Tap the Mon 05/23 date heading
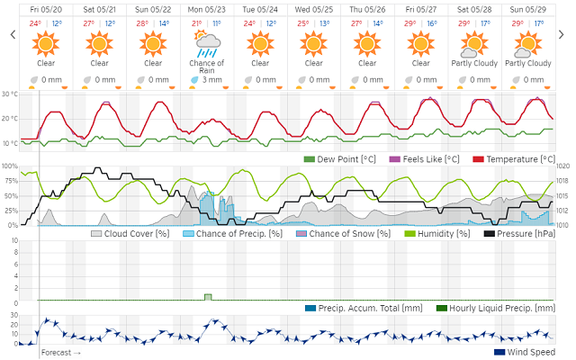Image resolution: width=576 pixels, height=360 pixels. pyautogui.click(x=207, y=10)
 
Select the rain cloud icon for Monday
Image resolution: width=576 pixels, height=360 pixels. pyautogui.click(x=207, y=41)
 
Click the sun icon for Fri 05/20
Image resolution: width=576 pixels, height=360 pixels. pyautogui.click(x=47, y=42)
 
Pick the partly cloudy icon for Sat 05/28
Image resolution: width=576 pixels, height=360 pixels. pyautogui.click(x=474, y=42)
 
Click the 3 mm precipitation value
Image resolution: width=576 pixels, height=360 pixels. pyautogui.click(x=212, y=80)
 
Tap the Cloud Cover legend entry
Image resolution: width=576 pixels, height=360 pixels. pyautogui.click(x=130, y=233)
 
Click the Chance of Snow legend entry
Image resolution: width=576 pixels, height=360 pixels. pyautogui.click(x=347, y=233)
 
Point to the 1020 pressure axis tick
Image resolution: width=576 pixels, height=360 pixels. pyautogui.click(x=563, y=166)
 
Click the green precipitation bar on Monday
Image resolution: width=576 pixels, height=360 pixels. pyautogui.click(x=208, y=296)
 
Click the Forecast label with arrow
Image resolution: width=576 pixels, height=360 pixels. pyautogui.click(x=61, y=352)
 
